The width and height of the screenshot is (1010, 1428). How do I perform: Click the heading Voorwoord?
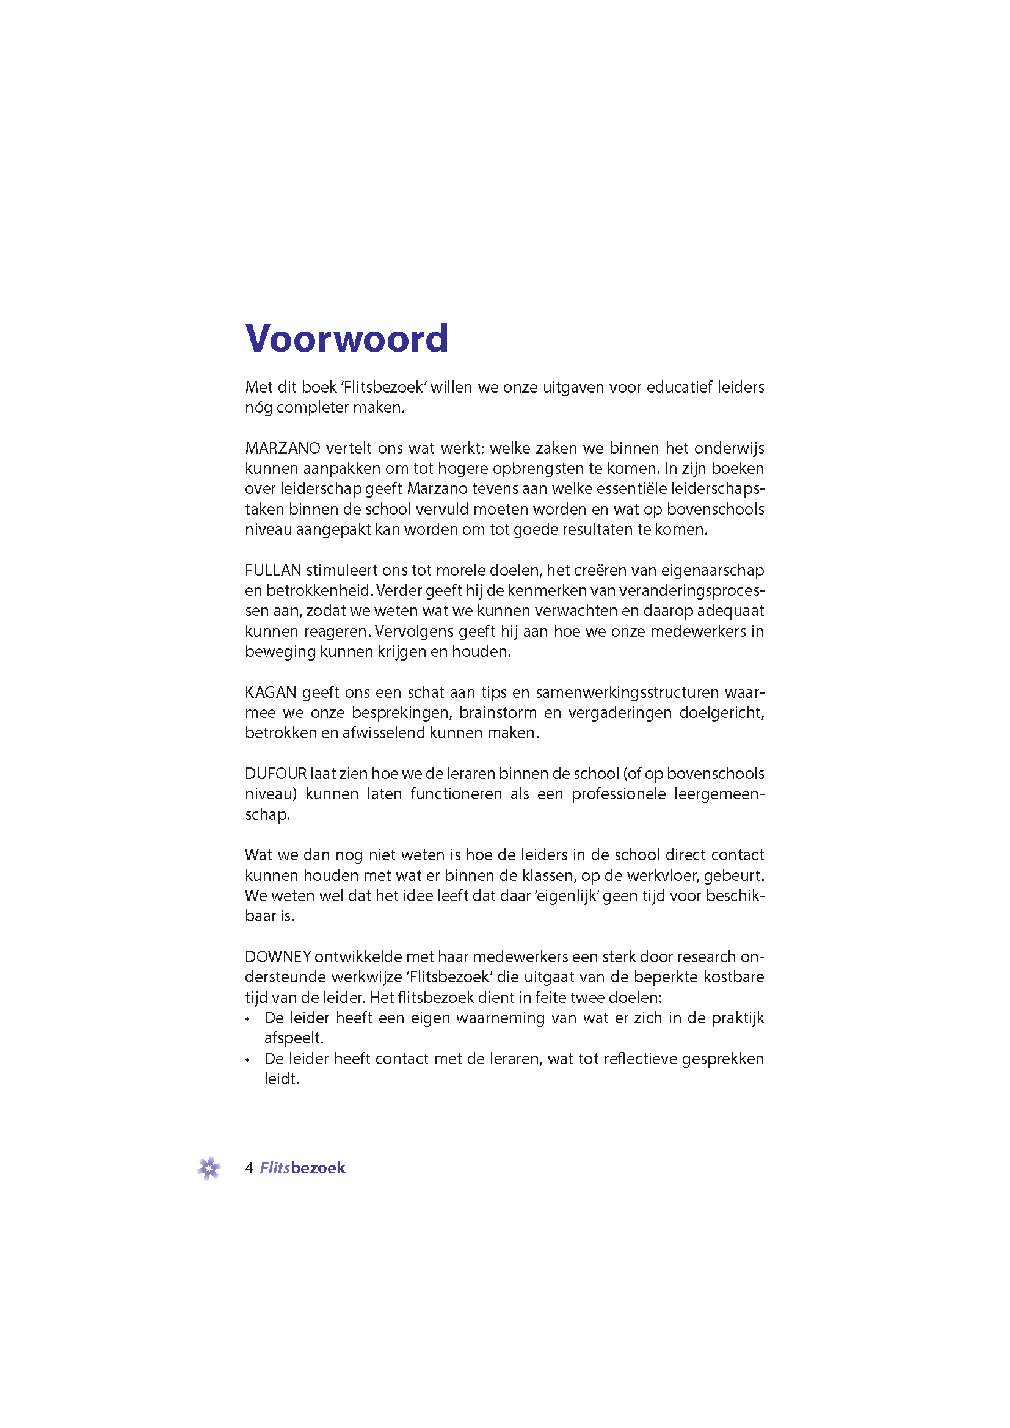(x=346, y=338)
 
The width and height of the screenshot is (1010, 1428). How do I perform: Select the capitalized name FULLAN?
(x=273, y=570)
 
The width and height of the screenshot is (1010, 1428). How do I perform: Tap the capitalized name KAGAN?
(x=271, y=692)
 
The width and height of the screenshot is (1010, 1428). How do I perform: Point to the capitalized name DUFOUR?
(x=275, y=774)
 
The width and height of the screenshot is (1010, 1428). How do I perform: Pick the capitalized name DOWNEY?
(x=277, y=957)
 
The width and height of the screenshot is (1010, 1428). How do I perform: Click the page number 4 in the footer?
(x=249, y=1168)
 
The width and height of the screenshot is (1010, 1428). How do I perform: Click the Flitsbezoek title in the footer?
(x=302, y=1168)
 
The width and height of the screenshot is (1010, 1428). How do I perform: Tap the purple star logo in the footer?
(x=209, y=1168)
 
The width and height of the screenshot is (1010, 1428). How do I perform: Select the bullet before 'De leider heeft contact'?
(x=247, y=1060)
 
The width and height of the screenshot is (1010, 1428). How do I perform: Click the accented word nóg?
(x=258, y=407)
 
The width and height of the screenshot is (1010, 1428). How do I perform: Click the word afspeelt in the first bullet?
(x=294, y=1038)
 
